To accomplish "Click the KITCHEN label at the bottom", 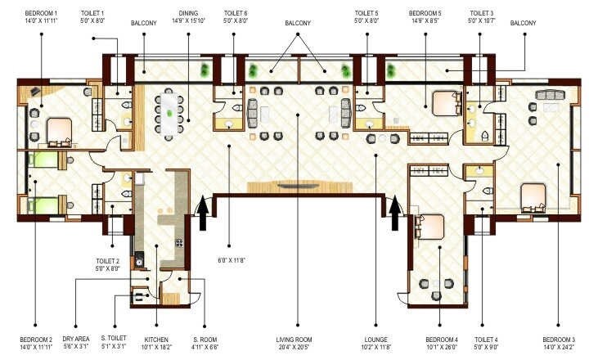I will click(x=156, y=338).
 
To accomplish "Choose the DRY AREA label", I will click(x=76, y=338).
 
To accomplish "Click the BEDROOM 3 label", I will click(x=560, y=338).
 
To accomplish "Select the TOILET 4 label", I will click(x=487, y=338).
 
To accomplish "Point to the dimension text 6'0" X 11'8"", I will click(x=232, y=261).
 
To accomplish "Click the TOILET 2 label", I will click(x=106, y=261).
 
